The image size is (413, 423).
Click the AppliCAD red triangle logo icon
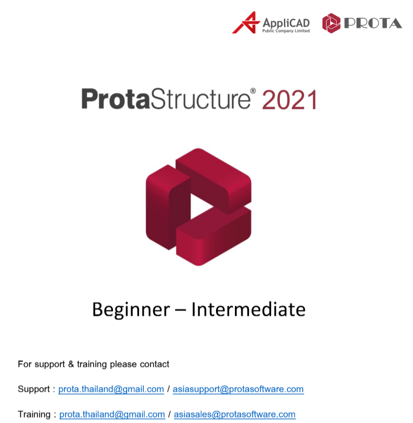(244, 23)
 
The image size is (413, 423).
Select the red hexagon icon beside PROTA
(331, 23)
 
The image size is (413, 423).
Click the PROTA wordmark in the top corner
(373, 23)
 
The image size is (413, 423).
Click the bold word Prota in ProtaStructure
(115, 99)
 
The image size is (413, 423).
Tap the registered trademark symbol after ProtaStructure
(253, 91)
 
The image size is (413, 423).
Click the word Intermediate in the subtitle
(249, 309)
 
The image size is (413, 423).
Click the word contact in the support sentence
(154, 364)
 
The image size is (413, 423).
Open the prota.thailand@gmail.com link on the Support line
(111, 389)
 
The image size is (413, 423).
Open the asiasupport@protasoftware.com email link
(238, 389)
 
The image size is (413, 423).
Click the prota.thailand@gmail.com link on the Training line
(112, 414)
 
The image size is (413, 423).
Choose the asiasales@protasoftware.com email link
(234, 414)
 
